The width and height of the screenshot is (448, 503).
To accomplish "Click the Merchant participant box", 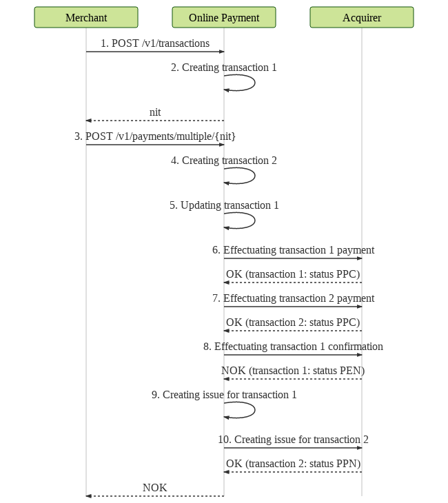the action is pos(86,17).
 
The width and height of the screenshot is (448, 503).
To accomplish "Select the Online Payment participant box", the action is pos(224,17).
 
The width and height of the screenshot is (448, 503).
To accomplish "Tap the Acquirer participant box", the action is pos(362,17).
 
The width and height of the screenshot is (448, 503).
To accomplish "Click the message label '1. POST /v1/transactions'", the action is pos(155,43).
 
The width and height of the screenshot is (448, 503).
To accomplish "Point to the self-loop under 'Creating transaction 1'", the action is pos(255,83).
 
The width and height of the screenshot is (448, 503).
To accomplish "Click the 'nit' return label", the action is pos(155,112).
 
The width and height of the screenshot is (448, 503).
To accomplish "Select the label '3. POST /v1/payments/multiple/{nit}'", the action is pos(155,136).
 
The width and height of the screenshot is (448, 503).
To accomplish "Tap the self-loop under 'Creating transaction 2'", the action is pos(255,176).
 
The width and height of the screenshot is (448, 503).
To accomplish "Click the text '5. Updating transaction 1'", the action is pos(224,205).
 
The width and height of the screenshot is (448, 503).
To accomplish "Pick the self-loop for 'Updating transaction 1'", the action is pos(255,220).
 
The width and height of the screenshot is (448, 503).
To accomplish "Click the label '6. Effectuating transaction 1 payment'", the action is pos(293,250).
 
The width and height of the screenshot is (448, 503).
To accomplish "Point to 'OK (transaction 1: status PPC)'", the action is pos(293,274).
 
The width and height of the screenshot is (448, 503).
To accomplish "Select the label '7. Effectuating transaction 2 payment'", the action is pos(293,298).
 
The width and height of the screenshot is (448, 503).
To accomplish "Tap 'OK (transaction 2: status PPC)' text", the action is pos(293,322).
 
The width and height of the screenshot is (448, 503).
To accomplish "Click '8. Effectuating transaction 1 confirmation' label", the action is pos(293,347).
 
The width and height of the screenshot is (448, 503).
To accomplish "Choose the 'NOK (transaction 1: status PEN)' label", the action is pos(293,371).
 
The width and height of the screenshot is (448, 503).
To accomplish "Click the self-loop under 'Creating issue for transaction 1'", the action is pos(255,410).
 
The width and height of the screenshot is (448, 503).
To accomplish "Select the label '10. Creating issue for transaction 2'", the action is pos(293,440).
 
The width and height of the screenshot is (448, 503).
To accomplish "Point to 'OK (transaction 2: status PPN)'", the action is pos(293,464).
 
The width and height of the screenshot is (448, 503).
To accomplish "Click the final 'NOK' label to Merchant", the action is pos(155,488).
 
